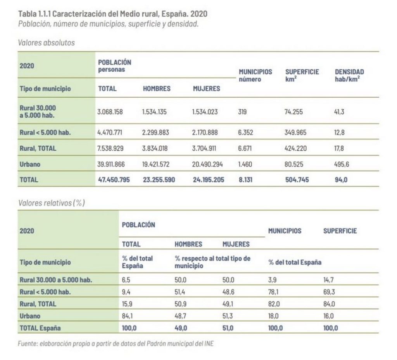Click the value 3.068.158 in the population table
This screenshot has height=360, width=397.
tap(110, 112)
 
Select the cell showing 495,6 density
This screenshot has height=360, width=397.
tap(342, 164)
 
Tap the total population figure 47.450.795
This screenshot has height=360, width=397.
tap(114, 180)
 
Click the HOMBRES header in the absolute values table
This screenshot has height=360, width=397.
tap(157, 88)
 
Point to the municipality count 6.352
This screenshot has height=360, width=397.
tap(246, 133)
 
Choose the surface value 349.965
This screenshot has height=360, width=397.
tap(295, 133)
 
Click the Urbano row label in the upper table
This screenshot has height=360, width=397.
tap(30, 164)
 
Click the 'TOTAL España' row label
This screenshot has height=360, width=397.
tap(40, 328)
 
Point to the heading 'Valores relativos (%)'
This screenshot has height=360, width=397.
tap(51, 202)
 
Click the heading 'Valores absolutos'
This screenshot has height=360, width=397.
tap(46, 43)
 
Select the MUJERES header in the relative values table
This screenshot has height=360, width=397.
tap(236, 244)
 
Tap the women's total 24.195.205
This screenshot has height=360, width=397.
tap(208, 180)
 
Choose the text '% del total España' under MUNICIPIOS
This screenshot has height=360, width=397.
tap(295, 262)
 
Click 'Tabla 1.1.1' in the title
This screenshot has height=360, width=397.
tap(34, 14)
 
